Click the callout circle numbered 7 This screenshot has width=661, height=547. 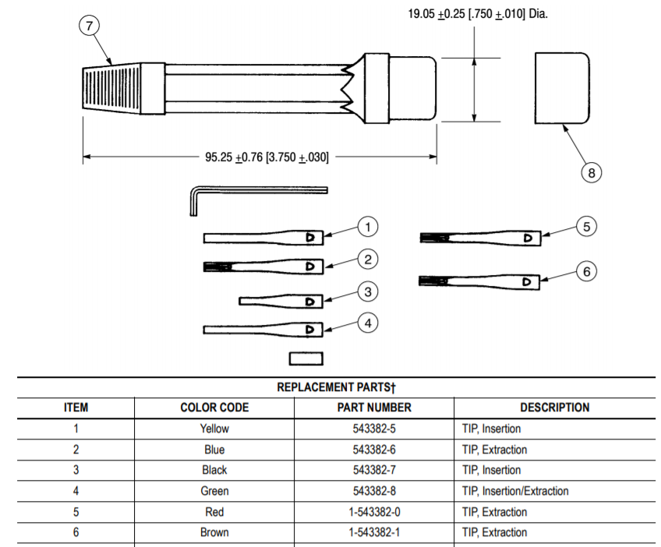(90, 26)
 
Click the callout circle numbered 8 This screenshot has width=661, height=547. (592, 173)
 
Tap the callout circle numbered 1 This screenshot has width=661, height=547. (368, 227)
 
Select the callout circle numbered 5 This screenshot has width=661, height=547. (587, 227)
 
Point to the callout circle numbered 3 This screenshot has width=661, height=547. (368, 292)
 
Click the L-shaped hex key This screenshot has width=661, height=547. (257, 189)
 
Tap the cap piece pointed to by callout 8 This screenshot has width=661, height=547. (561, 88)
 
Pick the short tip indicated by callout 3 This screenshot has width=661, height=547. (281, 301)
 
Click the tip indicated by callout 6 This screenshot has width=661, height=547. (479, 281)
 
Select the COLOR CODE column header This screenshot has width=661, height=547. (214, 408)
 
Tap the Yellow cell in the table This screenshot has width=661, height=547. (214, 429)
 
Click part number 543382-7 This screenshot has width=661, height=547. (374, 470)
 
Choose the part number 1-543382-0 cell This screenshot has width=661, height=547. (374, 512)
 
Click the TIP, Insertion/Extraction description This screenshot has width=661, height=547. (515, 491)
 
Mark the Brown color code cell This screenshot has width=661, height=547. (214, 533)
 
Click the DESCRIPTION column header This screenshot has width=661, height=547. (554, 408)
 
